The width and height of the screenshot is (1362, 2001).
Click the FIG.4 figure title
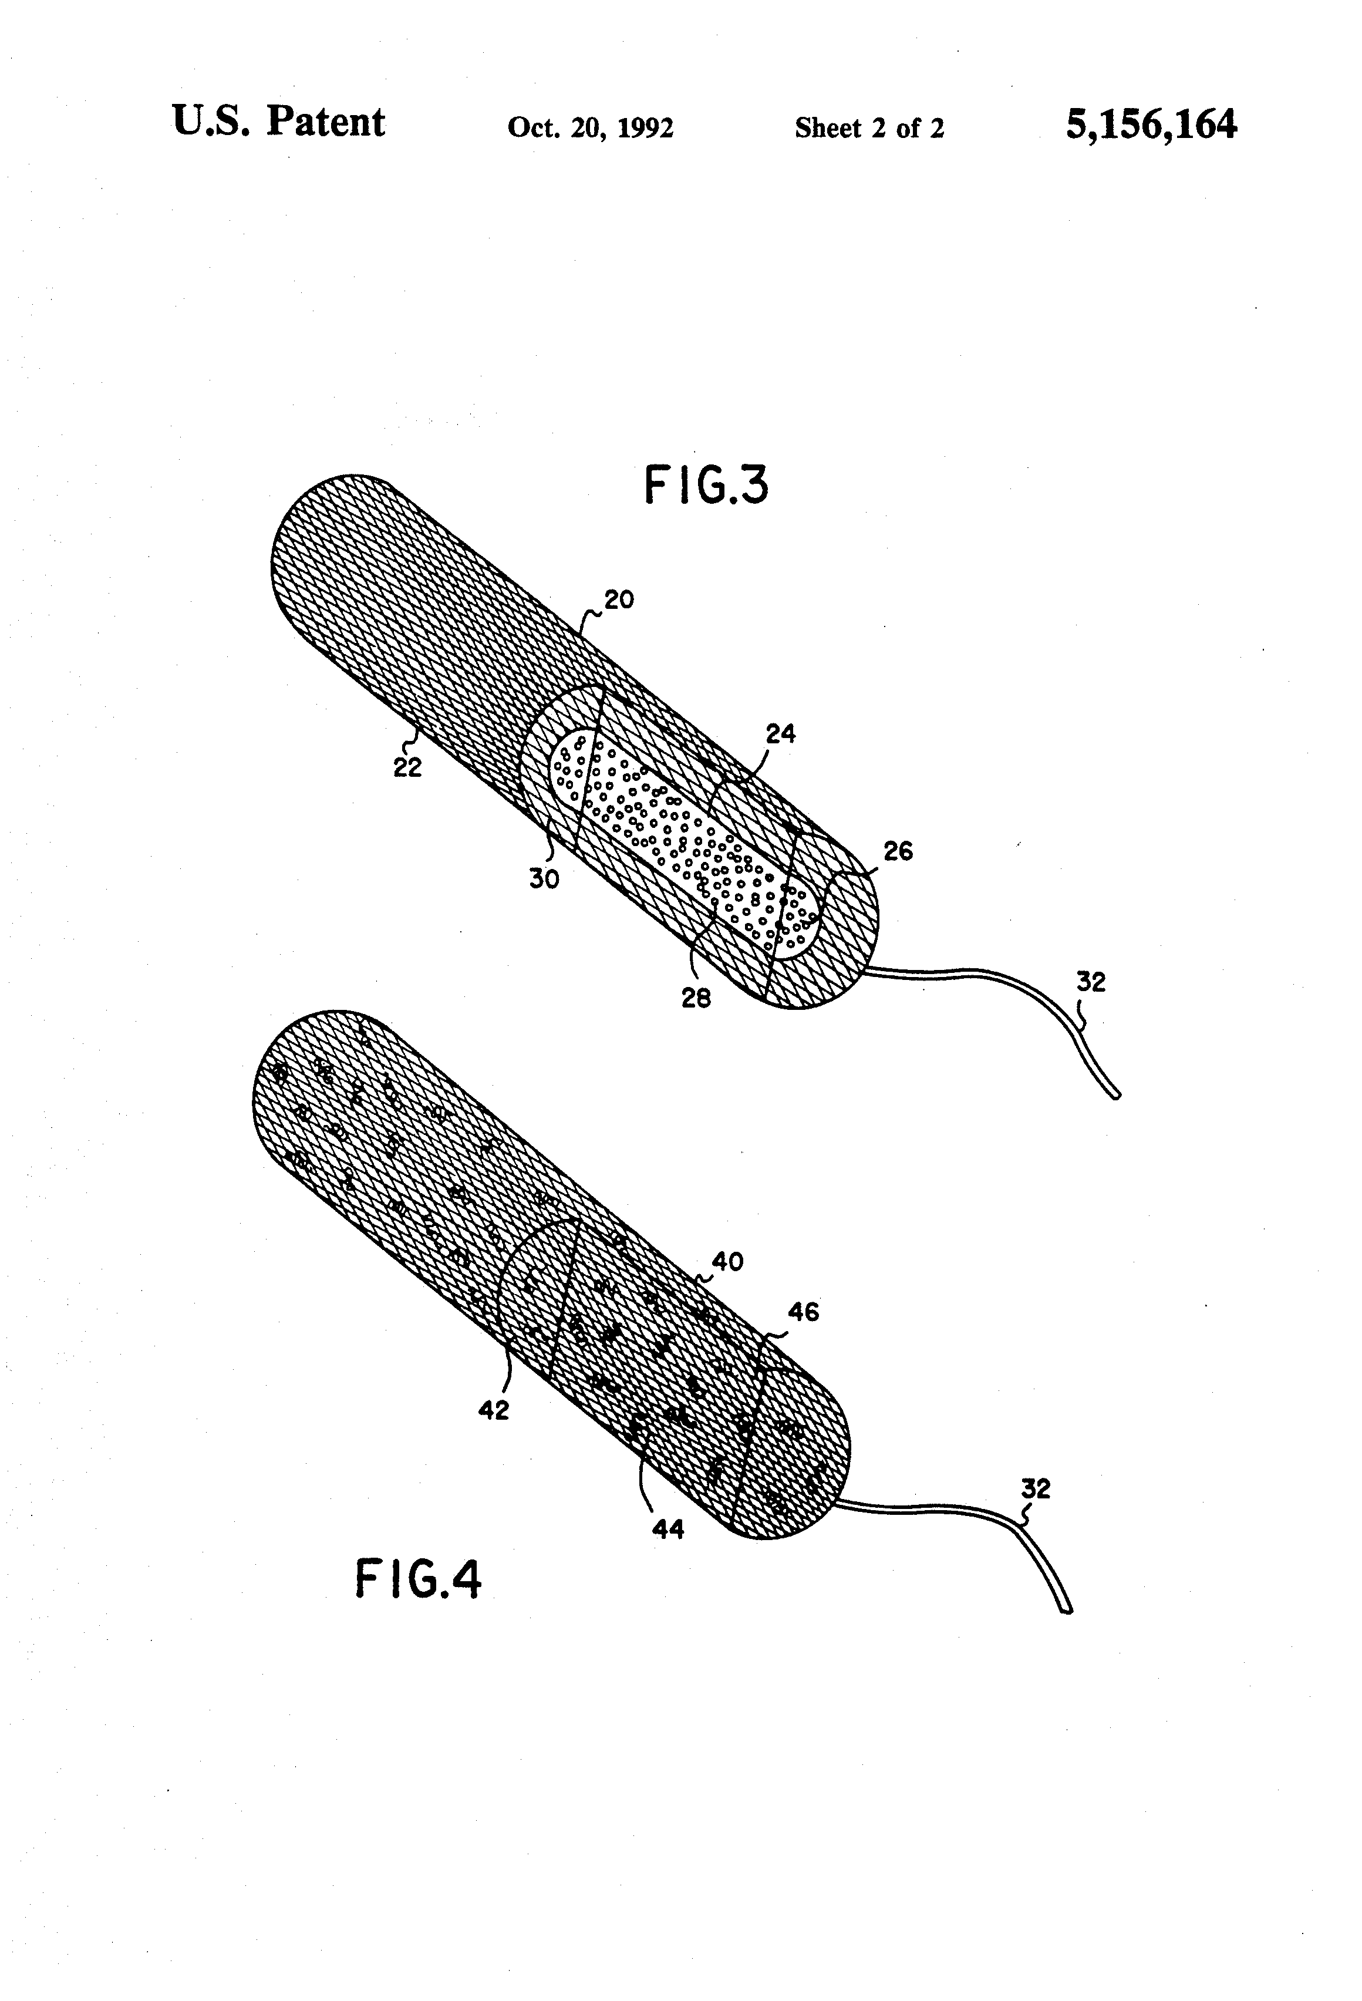pyautogui.click(x=419, y=1579)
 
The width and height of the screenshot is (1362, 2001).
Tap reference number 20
pyautogui.click(x=618, y=599)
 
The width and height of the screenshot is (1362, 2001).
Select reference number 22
pyautogui.click(x=407, y=768)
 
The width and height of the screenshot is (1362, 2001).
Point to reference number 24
pyautogui.click(x=780, y=733)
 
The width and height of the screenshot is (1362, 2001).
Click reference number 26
pyautogui.click(x=898, y=851)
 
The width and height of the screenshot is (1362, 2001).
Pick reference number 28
pyautogui.click(x=696, y=998)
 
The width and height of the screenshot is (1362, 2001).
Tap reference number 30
pyautogui.click(x=544, y=879)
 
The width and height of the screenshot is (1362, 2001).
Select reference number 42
pyautogui.click(x=493, y=1410)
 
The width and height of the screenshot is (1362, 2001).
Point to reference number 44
pyautogui.click(x=668, y=1528)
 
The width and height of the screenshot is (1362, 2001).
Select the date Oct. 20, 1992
pyautogui.click(x=590, y=127)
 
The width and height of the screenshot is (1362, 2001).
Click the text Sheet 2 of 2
pyautogui.click(x=869, y=128)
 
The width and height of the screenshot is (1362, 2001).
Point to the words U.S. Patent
pyautogui.click(x=278, y=122)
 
